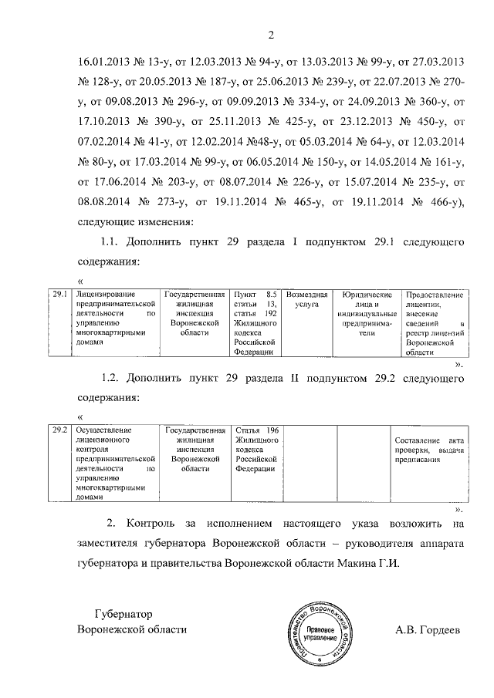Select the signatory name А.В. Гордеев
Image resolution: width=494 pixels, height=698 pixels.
coord(427,629)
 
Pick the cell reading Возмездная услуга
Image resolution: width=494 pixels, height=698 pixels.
coord(307,300)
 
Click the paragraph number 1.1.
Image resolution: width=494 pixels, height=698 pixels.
coord(112,241)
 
